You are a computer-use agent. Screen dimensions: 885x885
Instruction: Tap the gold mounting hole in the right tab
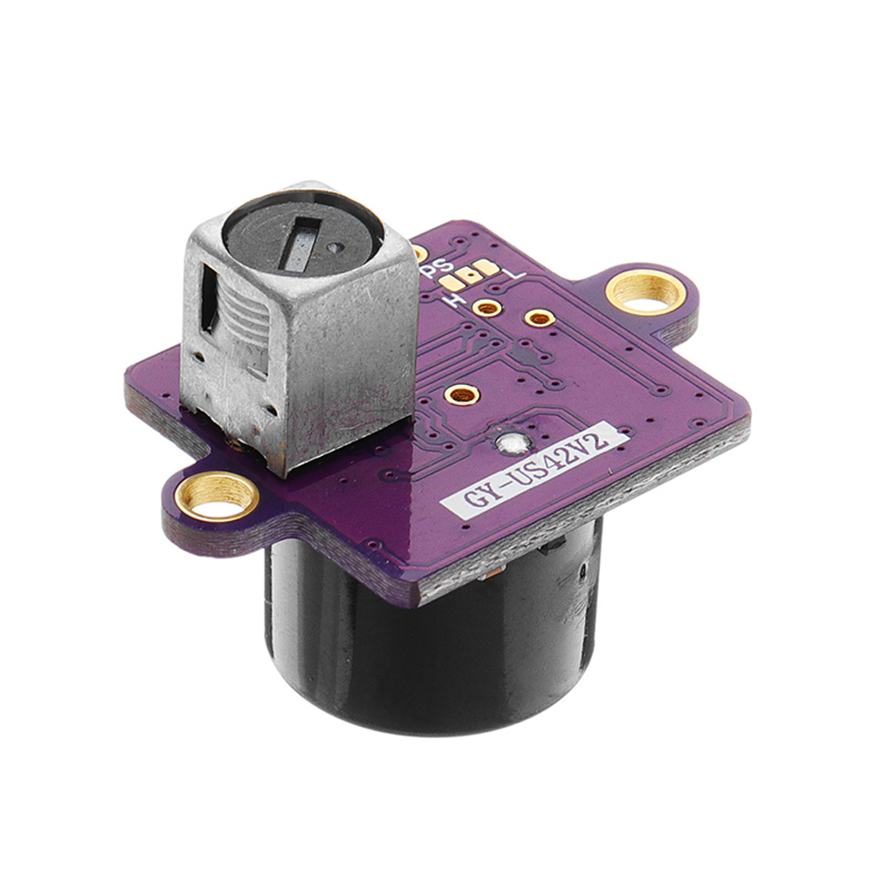[x=646, y=291]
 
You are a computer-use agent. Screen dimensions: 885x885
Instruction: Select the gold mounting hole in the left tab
[x=218, y=493]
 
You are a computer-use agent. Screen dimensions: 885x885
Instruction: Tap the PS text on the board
[x=440, y=266]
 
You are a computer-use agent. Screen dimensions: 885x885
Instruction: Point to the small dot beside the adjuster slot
[x=335, y=248]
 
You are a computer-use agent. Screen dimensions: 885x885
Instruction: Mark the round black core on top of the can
[x=301, y=235]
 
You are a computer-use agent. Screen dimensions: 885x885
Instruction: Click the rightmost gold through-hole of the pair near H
[x=538, y=317]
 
